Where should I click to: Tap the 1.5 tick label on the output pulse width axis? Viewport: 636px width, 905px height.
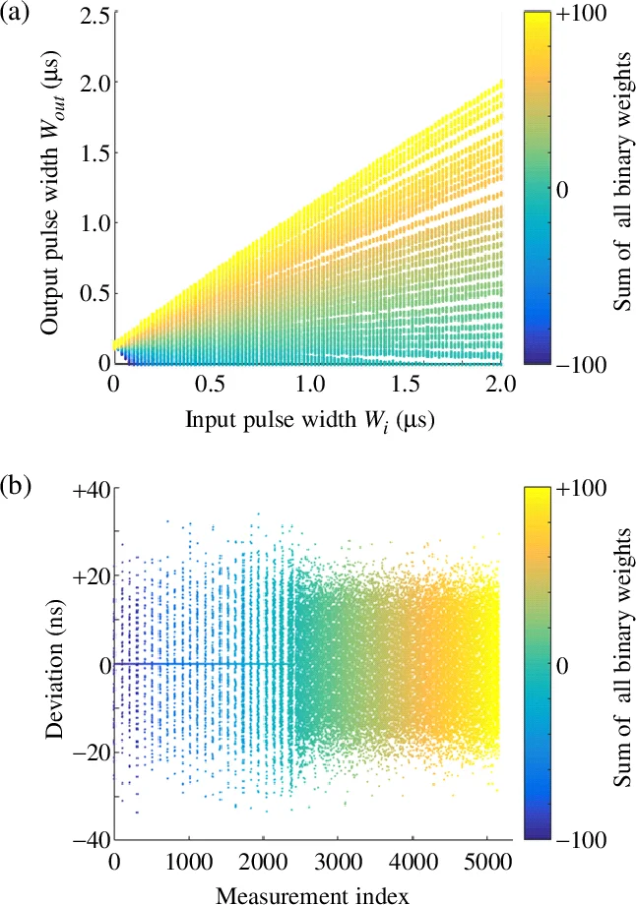(90, 152)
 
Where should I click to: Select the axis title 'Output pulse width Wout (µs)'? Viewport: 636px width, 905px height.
(52, 187)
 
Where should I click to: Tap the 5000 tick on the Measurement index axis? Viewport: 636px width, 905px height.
(483, 859)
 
